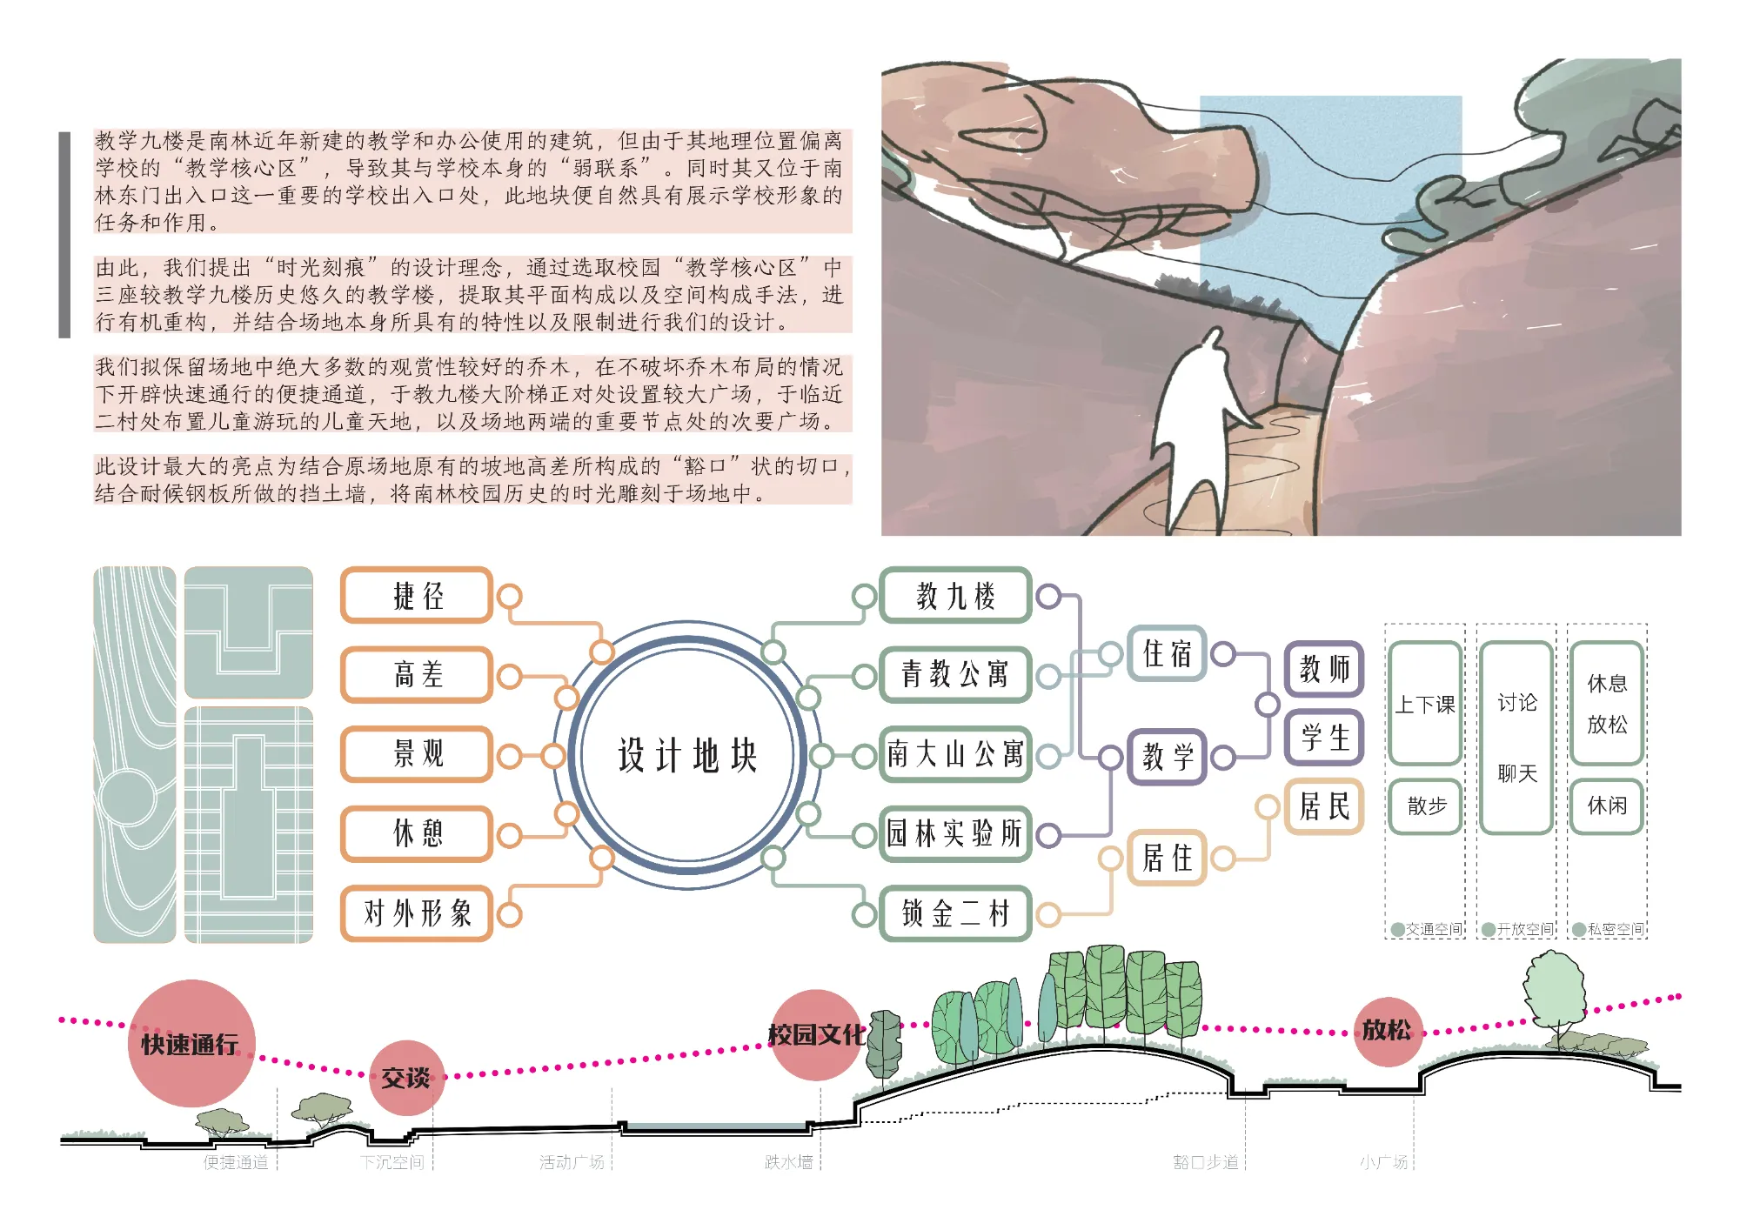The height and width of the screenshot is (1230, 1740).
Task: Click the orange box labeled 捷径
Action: click(417, 596)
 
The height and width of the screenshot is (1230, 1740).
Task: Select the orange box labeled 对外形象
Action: click(417, 913)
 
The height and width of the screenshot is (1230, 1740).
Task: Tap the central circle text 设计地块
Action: click(687, 755)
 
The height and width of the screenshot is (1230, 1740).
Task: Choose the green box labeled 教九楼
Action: click(955, 596)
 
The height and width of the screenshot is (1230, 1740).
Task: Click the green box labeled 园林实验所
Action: click(955, 833)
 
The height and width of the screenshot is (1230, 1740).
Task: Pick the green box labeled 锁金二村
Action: click(955, 913)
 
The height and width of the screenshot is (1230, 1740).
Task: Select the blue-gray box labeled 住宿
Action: click(1167, 653)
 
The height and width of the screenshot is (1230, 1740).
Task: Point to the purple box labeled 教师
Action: click(1324, 668)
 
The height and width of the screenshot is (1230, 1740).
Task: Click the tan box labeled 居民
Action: click(1324, 806)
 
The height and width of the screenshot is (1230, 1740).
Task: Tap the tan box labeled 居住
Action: click(1167, 859)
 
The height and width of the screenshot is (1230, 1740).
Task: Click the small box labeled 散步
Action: click(1425, 806)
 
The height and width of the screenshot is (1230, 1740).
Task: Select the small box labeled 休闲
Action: click(1606, 806)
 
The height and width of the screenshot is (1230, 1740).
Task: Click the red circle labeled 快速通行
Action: click(191, 1043)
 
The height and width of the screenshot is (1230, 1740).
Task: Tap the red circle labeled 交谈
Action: click(405, 1078)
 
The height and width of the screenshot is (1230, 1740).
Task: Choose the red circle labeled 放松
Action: click(1386, 1031)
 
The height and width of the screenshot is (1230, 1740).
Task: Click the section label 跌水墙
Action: click(788, 1162)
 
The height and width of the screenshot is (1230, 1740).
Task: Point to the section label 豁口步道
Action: click(1205, 1162)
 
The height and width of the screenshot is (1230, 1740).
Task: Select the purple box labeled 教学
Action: click(1167, 757)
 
